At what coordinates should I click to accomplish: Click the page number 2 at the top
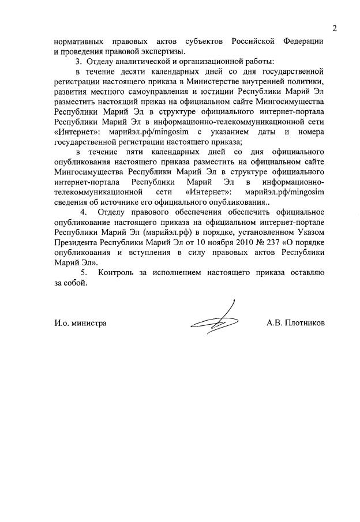point(334,28)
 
